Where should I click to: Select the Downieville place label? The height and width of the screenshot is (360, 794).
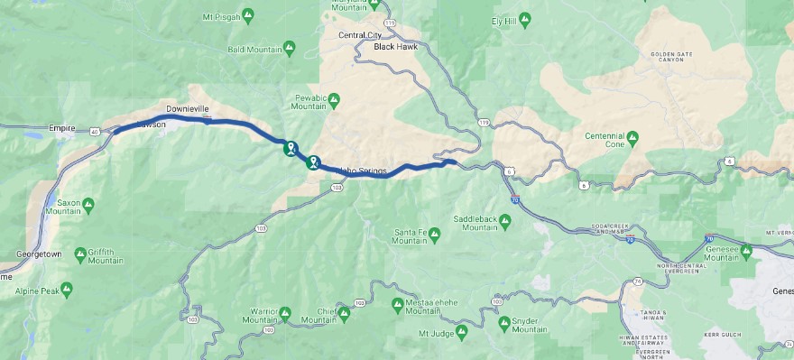188,108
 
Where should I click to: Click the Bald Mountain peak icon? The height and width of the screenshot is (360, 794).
288,47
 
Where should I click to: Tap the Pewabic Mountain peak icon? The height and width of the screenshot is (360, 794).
334,98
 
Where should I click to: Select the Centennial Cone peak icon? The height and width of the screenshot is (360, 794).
632,136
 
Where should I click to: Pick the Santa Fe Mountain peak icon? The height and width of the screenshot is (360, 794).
434,235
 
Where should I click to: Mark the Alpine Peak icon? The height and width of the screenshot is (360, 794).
66,289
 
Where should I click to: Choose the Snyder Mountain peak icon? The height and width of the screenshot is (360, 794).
503,322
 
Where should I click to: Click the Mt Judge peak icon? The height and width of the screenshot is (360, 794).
461,333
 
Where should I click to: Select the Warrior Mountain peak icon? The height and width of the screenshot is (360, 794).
285,313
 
